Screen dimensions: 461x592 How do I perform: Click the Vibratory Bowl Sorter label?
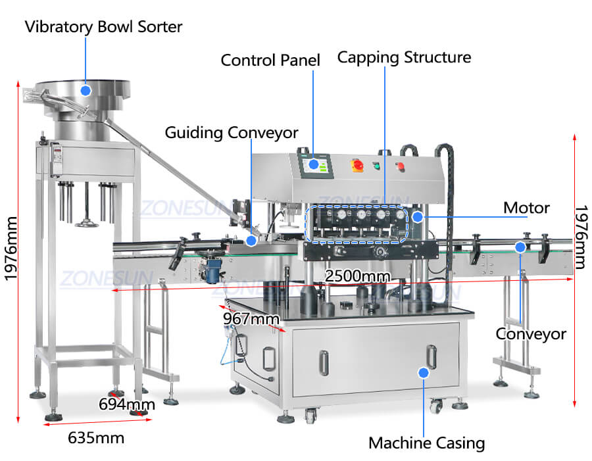tap(103, 27)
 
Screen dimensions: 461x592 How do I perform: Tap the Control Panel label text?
tap(270, 61)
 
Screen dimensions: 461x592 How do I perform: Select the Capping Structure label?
tap(404, 57)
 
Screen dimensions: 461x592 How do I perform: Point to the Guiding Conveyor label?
tap(232, 132)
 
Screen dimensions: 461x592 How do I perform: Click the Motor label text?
tap(526, 208)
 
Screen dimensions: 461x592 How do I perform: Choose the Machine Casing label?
tap(426, 443)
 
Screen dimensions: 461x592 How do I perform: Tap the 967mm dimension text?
tap(251, 319)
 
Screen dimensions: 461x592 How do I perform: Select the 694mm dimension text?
tap(127, 404)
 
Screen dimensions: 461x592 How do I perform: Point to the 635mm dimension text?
tap(96, 437)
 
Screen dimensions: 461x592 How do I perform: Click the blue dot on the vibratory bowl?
tap(85, 89)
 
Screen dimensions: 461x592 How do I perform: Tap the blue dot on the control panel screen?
tap(314, 164)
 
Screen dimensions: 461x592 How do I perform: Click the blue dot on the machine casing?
tap(424, 372)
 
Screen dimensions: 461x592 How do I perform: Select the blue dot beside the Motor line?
tap(417, 216)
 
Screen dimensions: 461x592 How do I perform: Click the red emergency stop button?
tap(358, 164)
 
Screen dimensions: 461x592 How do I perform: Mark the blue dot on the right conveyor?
tap(520, 247)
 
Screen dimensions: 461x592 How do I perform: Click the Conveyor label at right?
tap(531, 334)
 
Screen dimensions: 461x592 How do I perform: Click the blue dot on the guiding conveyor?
tap(251, 241)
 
